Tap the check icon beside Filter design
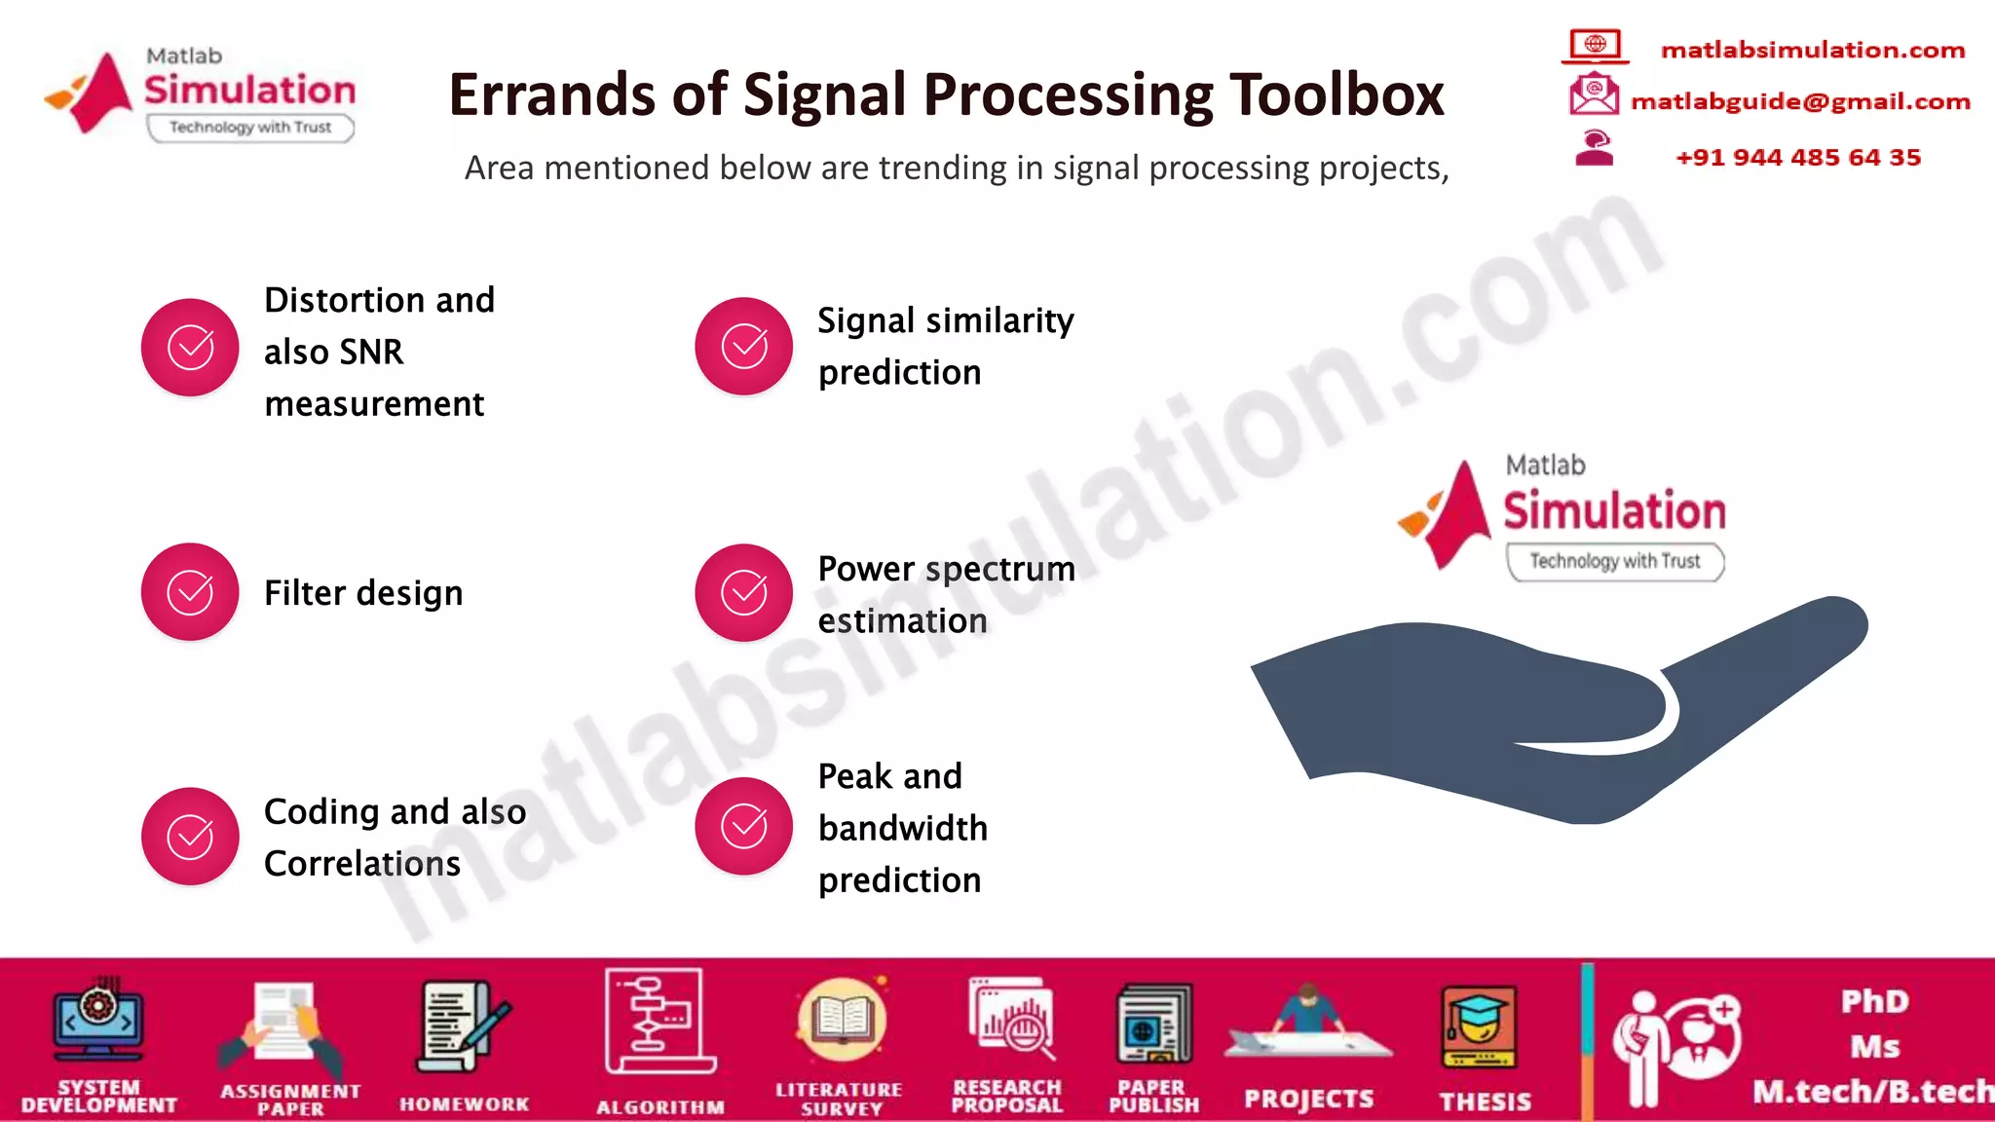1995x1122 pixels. tap(190, 592)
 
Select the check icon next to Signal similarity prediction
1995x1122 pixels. tap(743, 347)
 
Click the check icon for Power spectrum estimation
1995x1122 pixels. tap(743, 592)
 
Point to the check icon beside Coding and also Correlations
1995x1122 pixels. tap(190, 836)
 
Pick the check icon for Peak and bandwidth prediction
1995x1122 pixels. tap(743, 826)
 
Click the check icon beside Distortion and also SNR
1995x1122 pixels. tap(190, 347)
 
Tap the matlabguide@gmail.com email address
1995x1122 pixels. tap(1800, 101)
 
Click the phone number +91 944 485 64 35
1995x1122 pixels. tap(1798, 158)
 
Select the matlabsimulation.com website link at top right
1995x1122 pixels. tap(1813, 50)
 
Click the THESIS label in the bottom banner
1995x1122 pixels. tap(1486, 1102)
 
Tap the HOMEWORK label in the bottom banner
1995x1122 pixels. tap(465, 1104)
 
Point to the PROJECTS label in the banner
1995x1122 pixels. tap(1308, 1100)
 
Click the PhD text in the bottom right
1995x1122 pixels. tap(1875, 1001)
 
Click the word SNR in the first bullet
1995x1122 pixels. tap(372, 352)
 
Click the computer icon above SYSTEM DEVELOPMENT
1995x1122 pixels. tap(98, 1021)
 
